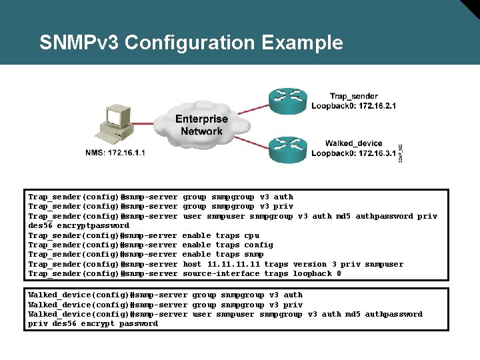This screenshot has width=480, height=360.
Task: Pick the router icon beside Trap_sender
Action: tap(287, 101)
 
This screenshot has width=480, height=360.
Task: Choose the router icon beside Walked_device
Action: tap(287, 147)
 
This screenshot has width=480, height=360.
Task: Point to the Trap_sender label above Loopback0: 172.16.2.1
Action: tap(353, 97)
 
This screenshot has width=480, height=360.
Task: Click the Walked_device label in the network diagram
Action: tap(353, 143)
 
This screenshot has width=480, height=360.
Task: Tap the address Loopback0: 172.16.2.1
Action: tap(353, 106)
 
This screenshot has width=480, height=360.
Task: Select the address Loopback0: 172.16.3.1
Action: tap(353, 153)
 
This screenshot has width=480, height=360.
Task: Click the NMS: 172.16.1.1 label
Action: tap(115, 153)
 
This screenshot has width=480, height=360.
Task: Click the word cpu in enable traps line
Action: tap(252, 235)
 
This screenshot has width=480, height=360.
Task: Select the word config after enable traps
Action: tap(259, 245)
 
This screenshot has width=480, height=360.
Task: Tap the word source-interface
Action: tap(221, 273)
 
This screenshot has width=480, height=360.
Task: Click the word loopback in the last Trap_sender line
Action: tap(312, 273)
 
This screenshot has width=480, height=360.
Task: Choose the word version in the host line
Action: tap(310, 264)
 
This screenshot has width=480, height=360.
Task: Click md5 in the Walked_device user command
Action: tap(353, 314)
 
